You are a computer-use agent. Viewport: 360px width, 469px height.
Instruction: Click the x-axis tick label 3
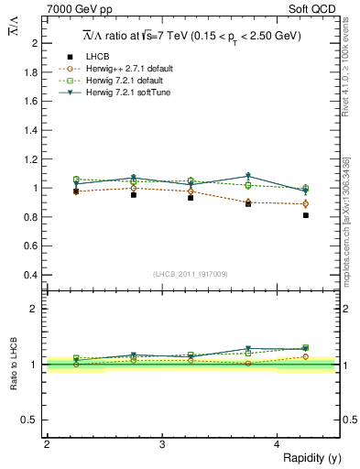pos(162,444)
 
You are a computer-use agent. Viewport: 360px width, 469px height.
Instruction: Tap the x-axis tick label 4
pos(278,444)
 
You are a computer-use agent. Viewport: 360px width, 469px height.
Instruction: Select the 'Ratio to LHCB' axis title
pos(14,364)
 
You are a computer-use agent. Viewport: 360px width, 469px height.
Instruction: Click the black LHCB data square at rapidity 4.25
pos(306,215)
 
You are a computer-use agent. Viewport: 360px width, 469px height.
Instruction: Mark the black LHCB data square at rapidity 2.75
pos(134,195)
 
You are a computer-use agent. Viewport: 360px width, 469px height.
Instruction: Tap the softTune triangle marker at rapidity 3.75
pos(248,176)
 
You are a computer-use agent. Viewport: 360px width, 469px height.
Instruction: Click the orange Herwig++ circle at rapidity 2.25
pos(76,191)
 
